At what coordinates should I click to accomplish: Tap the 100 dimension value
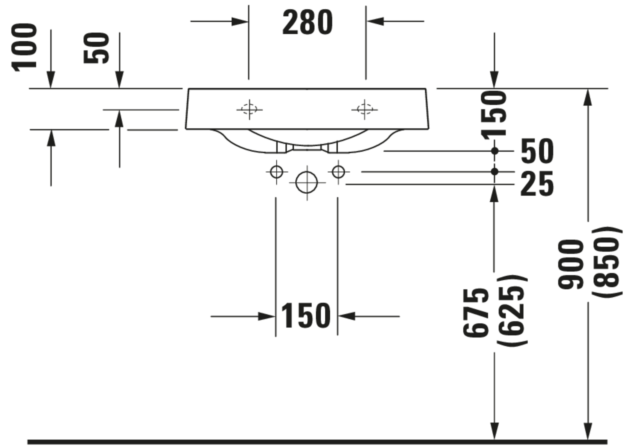click(24, 47)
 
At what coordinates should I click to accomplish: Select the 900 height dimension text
click(570, 264)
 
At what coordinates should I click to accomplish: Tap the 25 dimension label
click(537, 184)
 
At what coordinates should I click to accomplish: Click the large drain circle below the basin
click(307, 182)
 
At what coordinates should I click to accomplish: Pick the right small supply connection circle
click(338, 172)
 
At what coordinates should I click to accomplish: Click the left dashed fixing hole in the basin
click(249, 109)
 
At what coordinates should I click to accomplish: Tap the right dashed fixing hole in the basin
click(365, 109)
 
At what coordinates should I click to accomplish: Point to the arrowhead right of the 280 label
click(375, 21)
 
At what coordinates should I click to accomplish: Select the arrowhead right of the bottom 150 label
click(347, 316)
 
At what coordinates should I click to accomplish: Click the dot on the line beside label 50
click(495, 151)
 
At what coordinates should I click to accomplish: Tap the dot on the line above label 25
click(495, 172)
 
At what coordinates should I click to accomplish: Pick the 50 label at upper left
click(96, 48)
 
